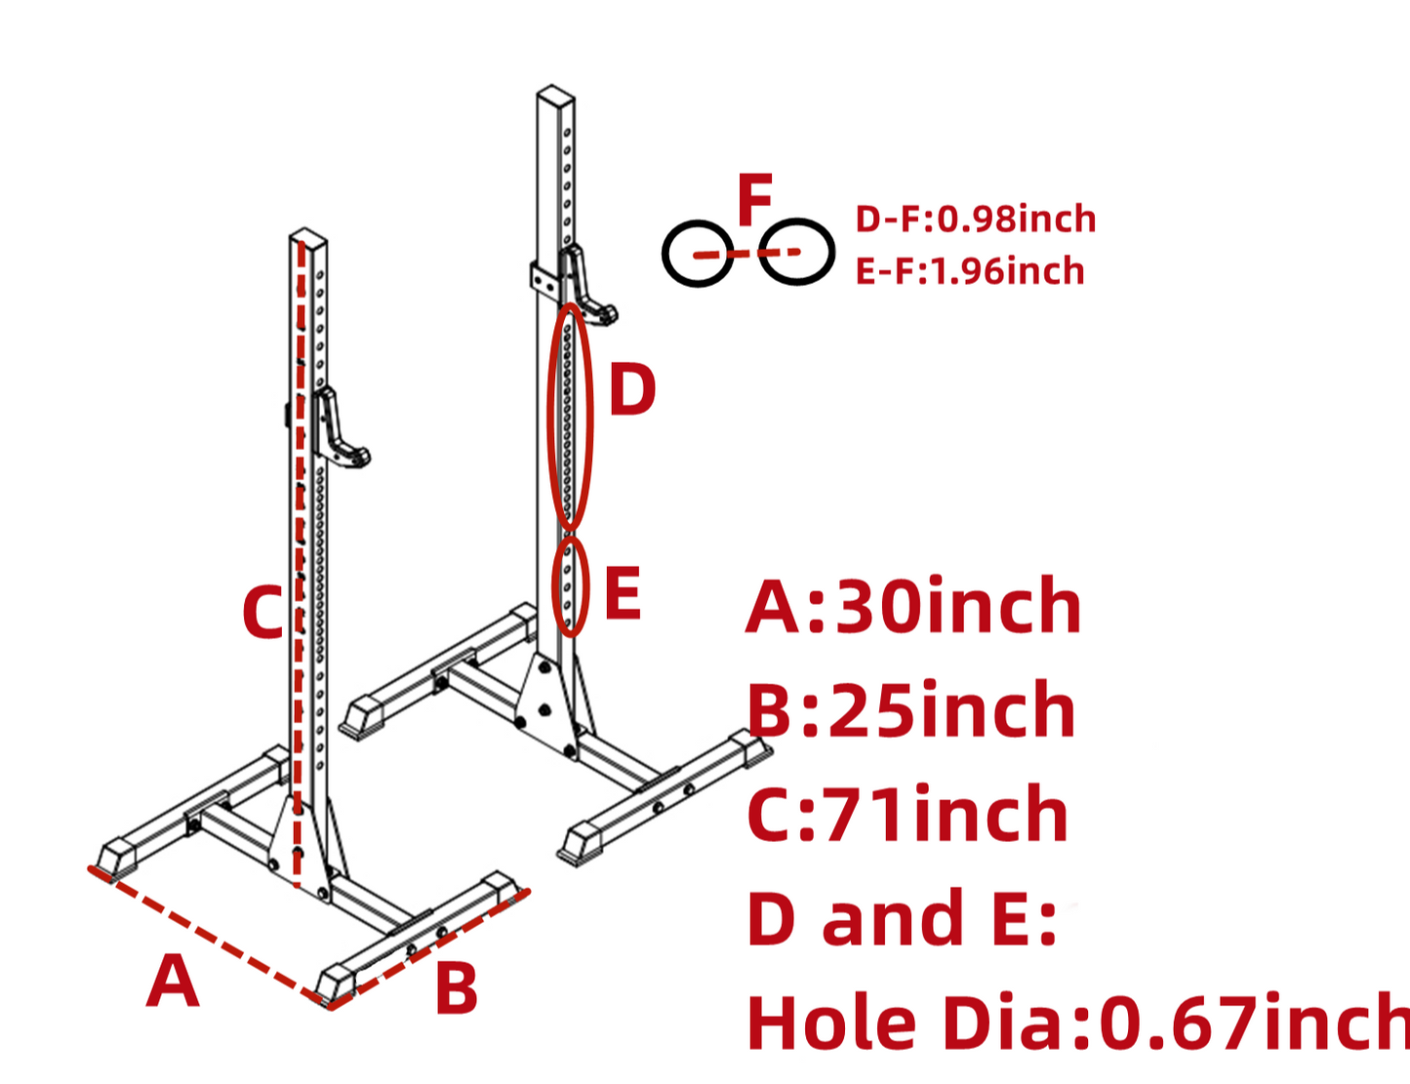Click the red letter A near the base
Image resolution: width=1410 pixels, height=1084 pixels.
(x=173, y=982)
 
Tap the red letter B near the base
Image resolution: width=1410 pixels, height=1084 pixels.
(x=456, y=988)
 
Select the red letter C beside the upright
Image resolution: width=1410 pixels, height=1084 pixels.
(x=262, y=613)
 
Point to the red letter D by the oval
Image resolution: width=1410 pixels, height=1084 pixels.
(x=631, y=390)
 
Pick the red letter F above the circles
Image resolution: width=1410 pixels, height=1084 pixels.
(x=754, y=200)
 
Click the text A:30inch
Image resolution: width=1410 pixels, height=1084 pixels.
(x=913, y=606)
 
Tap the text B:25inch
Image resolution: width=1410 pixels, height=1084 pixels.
(x=911, y=710)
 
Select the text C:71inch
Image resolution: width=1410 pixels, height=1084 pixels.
(x=907, y=815)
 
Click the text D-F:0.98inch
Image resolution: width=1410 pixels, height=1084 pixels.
(x=975, y=219)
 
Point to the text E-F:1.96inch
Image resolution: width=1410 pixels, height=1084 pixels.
(x=969, y=270)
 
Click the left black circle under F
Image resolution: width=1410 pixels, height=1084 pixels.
(x=698, y=254)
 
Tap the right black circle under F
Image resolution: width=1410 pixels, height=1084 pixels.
(x=796, y=252)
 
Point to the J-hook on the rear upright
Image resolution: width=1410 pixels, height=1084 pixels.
(x=586, y=286)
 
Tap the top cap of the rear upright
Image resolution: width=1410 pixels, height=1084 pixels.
(x=555, y=97)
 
